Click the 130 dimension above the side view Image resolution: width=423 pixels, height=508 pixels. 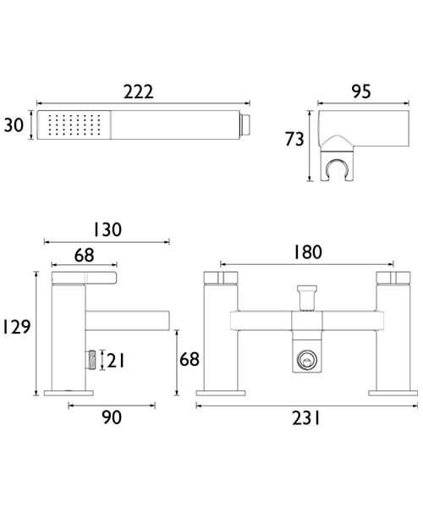108,229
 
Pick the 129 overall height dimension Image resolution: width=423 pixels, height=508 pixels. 16,327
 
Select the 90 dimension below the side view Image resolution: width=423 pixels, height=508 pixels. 113,417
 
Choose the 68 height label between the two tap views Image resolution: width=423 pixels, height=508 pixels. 189,359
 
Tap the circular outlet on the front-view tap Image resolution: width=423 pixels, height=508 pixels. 305,362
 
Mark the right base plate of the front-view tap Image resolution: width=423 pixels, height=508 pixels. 389,392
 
